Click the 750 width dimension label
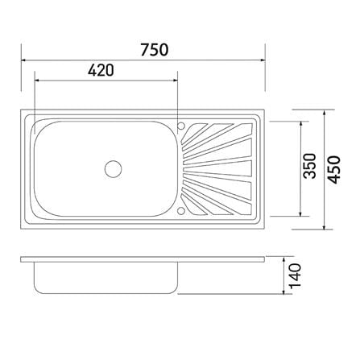pyautogui.click(x=155, y=50)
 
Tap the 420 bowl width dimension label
pyautogui.click(x=101, y=70)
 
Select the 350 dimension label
pyautogui.click(x=309, y=166)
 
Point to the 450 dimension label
pyautogui.click(x=334, y=170)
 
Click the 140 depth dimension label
pyautogui.click(x=295, y=275)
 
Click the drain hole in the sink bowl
pyautogui.click(x=113, y=169)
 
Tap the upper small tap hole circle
pyautogui.click(x=181, y=126)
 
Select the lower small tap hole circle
pyautogui.click(x=181, y=211)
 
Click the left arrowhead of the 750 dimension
pyautogui.click(x=23, y=60)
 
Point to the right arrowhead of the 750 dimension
pyautogui.click(x=263, y=60)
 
